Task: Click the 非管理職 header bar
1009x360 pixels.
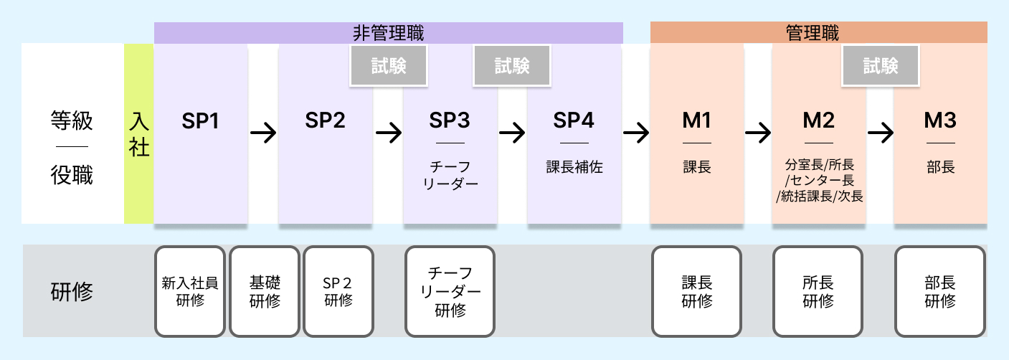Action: pos(388,32)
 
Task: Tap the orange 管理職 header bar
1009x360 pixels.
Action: pos(818,32)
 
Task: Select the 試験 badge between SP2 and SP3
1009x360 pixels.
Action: pos(389,66)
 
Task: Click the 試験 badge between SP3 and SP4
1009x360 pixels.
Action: pos(512,66)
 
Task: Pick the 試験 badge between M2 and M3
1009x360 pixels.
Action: pos(881,66)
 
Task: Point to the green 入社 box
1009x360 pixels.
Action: pos(138,133)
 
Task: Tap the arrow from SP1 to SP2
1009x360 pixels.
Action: pos(263,133)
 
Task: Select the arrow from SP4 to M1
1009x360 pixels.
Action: pos(636,133)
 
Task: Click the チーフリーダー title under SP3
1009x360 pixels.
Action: pos(450,175)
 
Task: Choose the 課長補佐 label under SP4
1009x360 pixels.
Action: pos(574,167)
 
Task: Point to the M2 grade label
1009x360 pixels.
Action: pos(818,121)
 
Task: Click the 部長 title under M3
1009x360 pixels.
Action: pos(940,167)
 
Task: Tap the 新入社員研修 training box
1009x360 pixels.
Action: pos(190,291)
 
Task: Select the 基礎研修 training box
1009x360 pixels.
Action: pos(265,291)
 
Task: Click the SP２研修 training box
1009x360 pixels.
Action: pos(338,291)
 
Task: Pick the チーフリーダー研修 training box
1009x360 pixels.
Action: pos(450,291)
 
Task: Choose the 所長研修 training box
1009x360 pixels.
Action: pos(818,291)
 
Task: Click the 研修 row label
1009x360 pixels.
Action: pos(72,292)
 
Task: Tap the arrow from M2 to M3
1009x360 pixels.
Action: pos(880,133)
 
